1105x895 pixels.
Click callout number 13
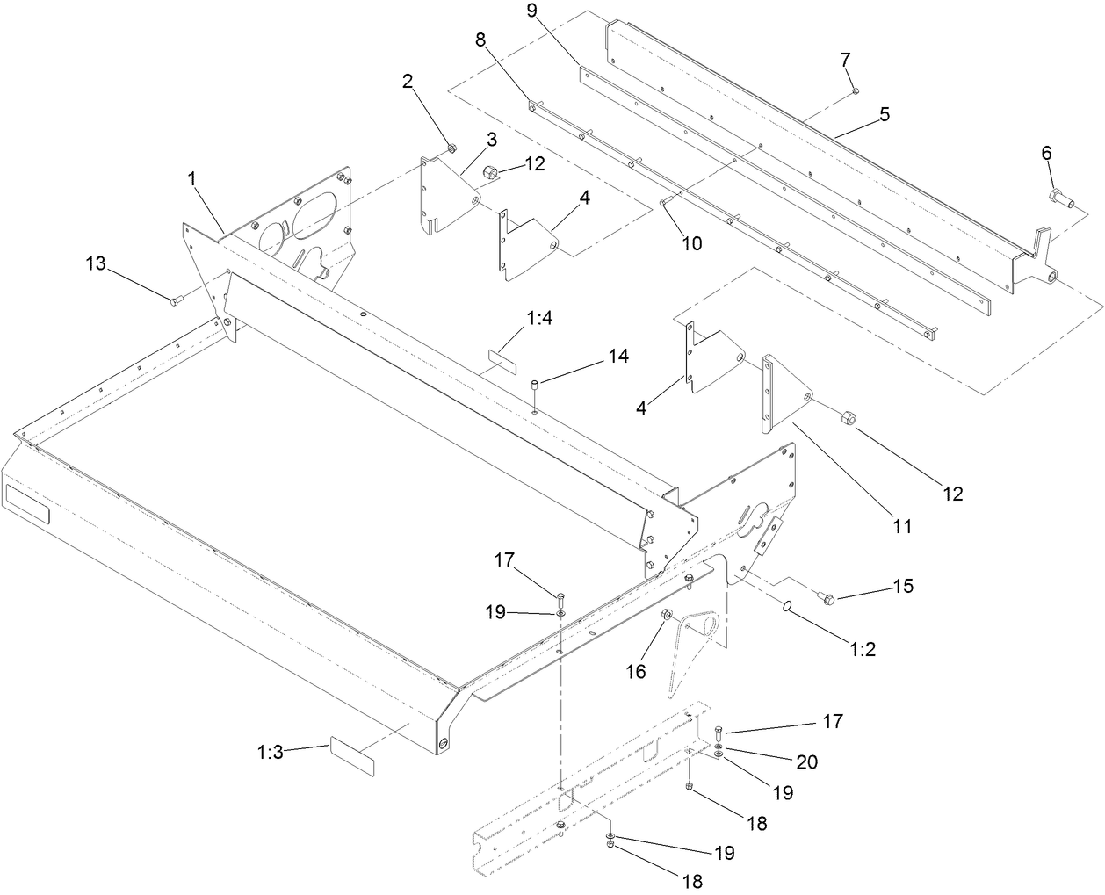97,263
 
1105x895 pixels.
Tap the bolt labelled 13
174,301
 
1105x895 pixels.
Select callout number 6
1046,152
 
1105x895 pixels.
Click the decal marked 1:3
351,757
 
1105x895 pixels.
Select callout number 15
903,586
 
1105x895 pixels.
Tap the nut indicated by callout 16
667,615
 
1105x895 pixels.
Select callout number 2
408,82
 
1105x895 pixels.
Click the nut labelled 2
450,147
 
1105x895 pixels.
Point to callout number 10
692,243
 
